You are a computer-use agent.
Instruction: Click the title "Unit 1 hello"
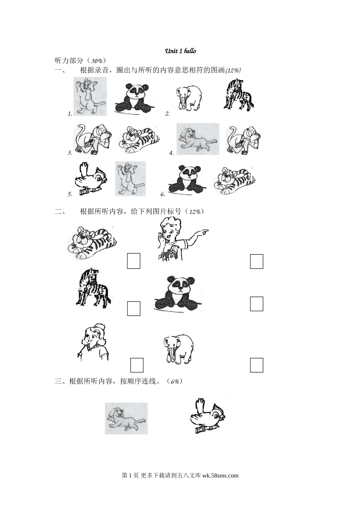(x=180, y=51)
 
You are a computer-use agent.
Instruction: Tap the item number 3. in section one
(x=70, y=153)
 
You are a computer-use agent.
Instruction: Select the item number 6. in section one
(x=163, y=194)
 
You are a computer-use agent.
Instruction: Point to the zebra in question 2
(x=239, y=95)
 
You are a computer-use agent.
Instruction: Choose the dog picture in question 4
(x=198, y=139)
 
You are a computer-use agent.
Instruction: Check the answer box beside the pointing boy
(x=257, y=261)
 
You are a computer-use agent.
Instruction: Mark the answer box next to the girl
(x=137, y=365)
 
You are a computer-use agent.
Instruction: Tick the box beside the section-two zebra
(x=133, y=308)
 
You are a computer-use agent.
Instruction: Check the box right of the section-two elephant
(x=257, y=365)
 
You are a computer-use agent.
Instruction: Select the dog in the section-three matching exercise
(x=126, y=418)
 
